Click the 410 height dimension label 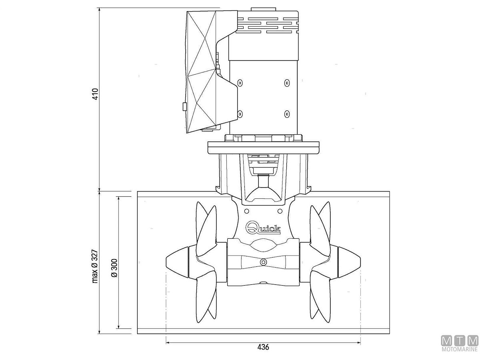click(95, 94)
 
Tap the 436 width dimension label click(263, 347)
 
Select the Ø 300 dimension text click(114, 268)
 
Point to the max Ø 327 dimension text click(95, 266)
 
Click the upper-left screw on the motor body click(240, 83)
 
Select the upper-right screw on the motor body click(287, 83)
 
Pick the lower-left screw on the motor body click(240, 114)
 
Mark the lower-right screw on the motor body click(287, 114)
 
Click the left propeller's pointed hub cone click(177, 262)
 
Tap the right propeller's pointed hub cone click(349, 262)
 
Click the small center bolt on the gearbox click(263, 262)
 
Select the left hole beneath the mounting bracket click(246, 211)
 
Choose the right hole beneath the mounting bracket click(280, 211)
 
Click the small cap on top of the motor click(263, 9)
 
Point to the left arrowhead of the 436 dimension click(168, 342)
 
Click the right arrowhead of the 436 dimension click(359, 342)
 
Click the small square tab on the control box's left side click(184, 106)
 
